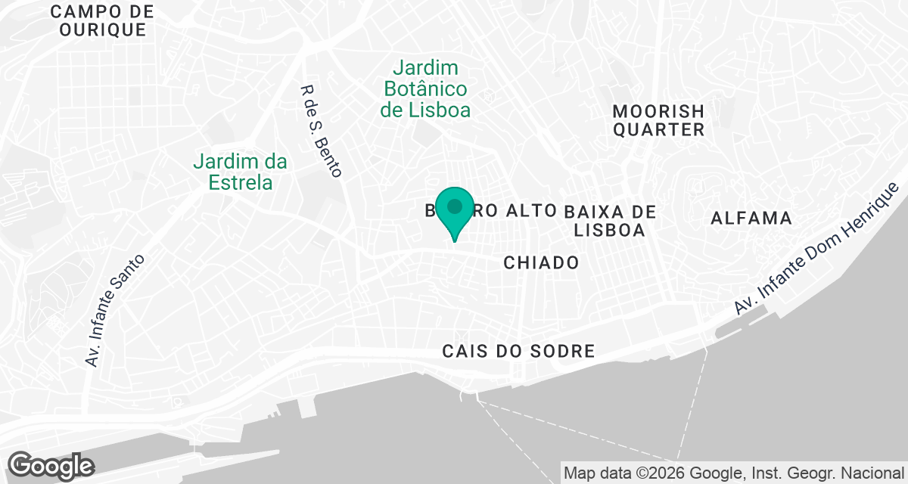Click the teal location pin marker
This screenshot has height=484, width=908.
455,209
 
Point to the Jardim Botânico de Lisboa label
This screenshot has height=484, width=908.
425,88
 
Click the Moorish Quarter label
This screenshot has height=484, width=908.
658,120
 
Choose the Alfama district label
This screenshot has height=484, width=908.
751,219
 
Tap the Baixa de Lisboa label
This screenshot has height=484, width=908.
609,219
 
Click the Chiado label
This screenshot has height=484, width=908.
541,262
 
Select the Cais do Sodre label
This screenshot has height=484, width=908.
519,351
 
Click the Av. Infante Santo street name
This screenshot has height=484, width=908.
115,310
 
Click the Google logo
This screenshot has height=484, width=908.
51,465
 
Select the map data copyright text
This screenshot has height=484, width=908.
733,473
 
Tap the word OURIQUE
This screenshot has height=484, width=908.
102,30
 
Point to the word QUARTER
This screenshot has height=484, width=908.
658,130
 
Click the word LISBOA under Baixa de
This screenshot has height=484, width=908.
609,229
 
